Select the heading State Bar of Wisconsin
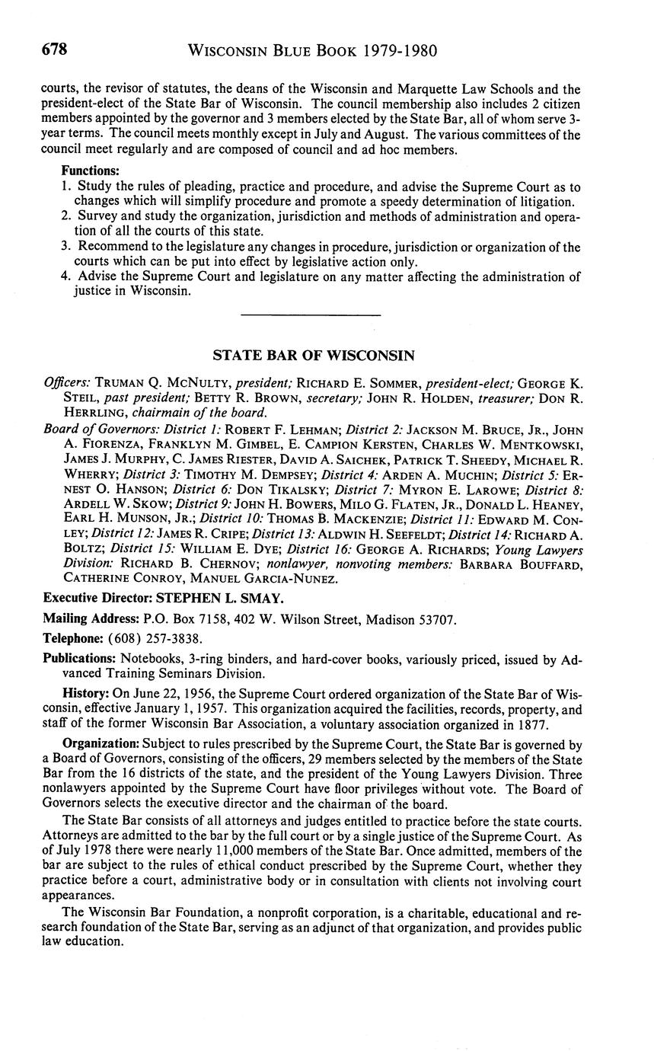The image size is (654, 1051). pyautogui.click(x=313, y=355)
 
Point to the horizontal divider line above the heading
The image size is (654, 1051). pyautogui.click(x=310, y=315)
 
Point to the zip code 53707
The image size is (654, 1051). pyautogui.click(x=439, y=619)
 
